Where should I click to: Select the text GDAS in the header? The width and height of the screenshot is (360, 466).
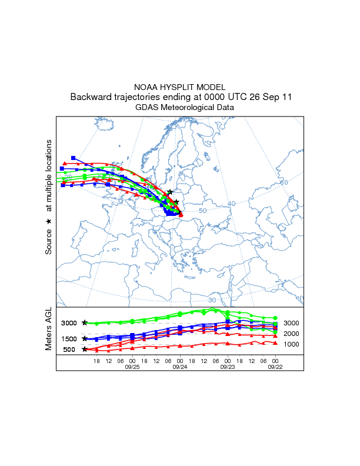[148, 108]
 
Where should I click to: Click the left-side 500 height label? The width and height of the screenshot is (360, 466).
[69, 349]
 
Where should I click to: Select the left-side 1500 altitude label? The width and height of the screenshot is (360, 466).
[69, 338]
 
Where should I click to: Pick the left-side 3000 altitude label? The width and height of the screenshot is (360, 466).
[69, 323]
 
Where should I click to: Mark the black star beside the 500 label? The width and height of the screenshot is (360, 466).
[85, 349]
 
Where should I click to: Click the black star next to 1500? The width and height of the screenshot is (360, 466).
[85, 338]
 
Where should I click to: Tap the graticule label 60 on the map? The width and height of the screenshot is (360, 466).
[284, 182]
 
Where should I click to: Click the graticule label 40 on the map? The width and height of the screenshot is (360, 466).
[231, 204]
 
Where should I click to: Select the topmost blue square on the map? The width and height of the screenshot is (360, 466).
[73, 158]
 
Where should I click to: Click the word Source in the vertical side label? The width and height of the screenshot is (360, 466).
[49, 242]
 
